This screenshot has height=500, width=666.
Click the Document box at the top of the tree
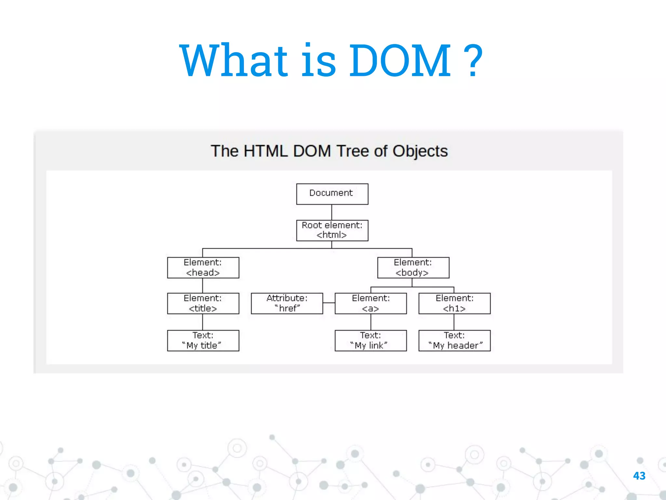click(332, 194)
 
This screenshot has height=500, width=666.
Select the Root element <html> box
click(332, 230)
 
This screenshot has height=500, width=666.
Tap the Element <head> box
click(203, 268)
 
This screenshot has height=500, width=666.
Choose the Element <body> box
click(413, 268)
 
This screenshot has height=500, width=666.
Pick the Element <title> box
click(203, 303)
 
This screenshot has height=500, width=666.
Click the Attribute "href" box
click(287, 303)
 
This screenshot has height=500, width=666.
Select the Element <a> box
click(371, 303)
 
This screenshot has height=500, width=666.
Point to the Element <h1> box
click(454, 303)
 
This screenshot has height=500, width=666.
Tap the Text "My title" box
click(203, 340)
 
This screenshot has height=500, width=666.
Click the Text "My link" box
click(371, 340)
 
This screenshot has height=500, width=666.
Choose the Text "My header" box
click(454, 340)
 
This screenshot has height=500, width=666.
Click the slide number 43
click(639, 476)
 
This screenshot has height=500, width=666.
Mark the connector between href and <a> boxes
click(329, 303)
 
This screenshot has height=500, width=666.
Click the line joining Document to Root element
click(332, 212)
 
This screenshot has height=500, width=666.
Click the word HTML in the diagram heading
click(265, 151)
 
